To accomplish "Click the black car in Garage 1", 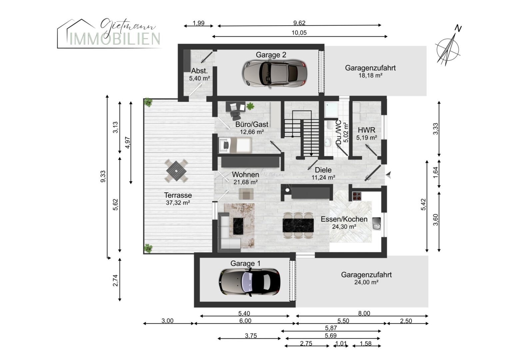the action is pos(249,282).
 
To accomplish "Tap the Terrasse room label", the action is pos(178,195).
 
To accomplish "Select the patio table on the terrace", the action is pos(176,171).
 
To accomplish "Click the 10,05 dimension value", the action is pos(299,33).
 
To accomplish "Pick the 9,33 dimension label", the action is pos(103,176).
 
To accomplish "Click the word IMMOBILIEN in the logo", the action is pos(115,39).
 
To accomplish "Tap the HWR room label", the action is pos(366,130).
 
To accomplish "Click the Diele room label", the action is pos(323,170).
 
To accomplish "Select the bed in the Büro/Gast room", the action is pos(235,145).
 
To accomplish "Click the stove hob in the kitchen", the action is pos(356,196).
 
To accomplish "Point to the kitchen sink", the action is pos(376,224).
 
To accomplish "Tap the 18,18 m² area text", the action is pos(370,75).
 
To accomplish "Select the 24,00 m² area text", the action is pos(366,282).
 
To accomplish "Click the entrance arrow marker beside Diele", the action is pos(388,175).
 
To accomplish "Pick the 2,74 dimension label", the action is pos(116,280).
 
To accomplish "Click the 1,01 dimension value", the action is pos(341,343).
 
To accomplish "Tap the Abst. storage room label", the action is pos(199,71).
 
